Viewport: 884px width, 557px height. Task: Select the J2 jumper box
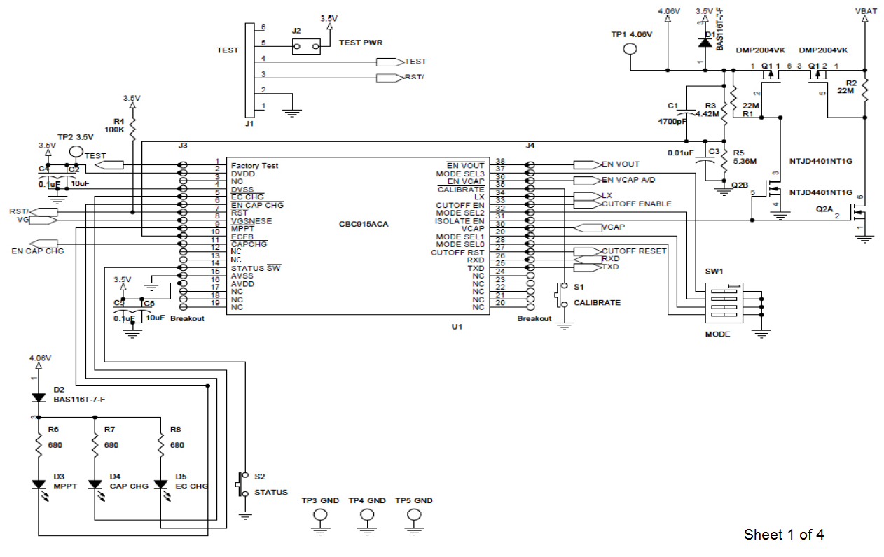tap(307, 47)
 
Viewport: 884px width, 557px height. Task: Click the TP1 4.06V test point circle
tap(630, 49)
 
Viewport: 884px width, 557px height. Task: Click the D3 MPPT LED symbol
tap(39, 485)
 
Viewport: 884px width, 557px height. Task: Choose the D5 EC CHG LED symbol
tap(160, 485)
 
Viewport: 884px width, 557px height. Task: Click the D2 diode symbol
tap(39, 397)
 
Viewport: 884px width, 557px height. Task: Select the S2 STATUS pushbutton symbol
tap(244, 484)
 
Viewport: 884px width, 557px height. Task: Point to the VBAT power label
tap(866, 12)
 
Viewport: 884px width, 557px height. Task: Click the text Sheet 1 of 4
tap(783, 535)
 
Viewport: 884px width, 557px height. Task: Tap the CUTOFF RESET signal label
tap(634, 251)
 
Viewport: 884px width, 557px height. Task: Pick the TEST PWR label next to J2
tap(361, 43)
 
